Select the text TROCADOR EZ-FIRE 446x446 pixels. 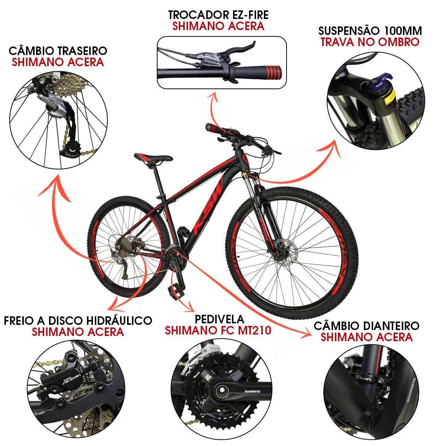tap(218, 15)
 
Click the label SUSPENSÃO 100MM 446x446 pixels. tap(370, 31)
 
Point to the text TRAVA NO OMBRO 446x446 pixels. tap(370, 42)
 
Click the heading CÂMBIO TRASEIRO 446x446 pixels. tap(58, 51)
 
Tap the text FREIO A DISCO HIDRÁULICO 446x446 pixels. tap(78, 321)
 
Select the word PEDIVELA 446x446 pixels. tap(219, 319)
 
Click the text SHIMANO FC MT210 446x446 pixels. tap(218, 330)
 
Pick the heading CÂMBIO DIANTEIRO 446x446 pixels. tap(366, 326)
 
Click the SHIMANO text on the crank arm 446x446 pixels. tap(252, 392)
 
